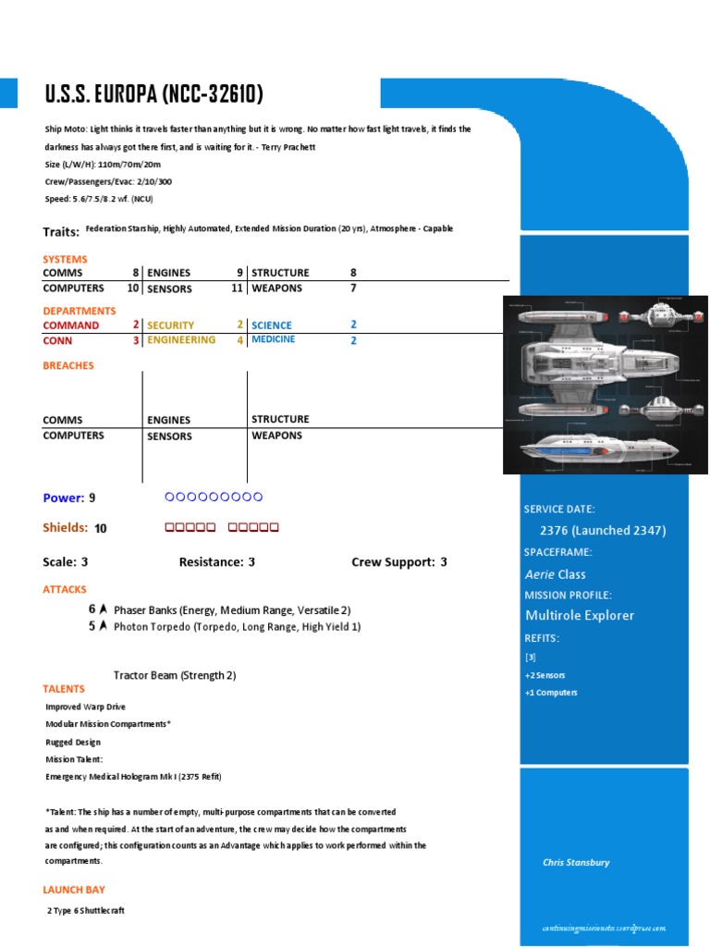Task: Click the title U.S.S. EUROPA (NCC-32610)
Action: pyautogui.click(x=153, y=94)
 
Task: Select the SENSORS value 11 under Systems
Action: pyautogui.click(x=238, y=289)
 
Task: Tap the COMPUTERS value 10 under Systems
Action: pyautogui.click(x=133, y=289)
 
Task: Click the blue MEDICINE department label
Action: pyautogui.click(x=274, y=339)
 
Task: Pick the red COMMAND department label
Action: pyautogui.click(x=71, y=326)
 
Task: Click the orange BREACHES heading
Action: pyautogui.click(x=68, y=366)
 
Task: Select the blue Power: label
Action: pyautogui.click(x=64, y=498)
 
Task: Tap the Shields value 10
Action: pyautogui.click(x=101, y=529)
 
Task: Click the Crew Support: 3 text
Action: pyautogui.click(x=399, y=562)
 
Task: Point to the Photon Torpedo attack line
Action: pyautogui.click(x=237, y=627)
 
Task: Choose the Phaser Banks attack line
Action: pyautogui.click(x=232, y=610)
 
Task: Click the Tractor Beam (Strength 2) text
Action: pyautogui.click(x=175, y=675)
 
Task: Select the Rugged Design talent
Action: pyautogui.click(x=73, y=742)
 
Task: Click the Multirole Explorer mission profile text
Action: pyautogui.click(x=580, y=616)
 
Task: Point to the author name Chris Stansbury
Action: pyautogui.click(x=576, y=863)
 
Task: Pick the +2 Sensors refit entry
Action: pyautogui.click(x=545, y=675)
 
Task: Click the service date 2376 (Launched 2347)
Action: pyautogui.click(x=603, y=531)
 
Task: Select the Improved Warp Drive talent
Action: pyautogui.click(x=86, y=707)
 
